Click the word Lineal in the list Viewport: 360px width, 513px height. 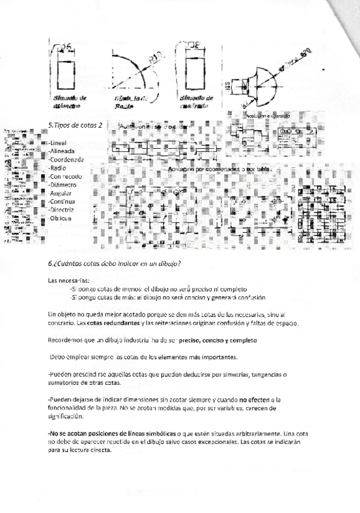tap(58, 143)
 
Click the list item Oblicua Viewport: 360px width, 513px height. tap(61, 218)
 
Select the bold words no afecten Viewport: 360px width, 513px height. tap(254, 399)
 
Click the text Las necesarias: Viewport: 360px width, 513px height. tap(68, 280)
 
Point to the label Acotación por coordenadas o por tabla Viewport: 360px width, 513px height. tap(220, 169)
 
